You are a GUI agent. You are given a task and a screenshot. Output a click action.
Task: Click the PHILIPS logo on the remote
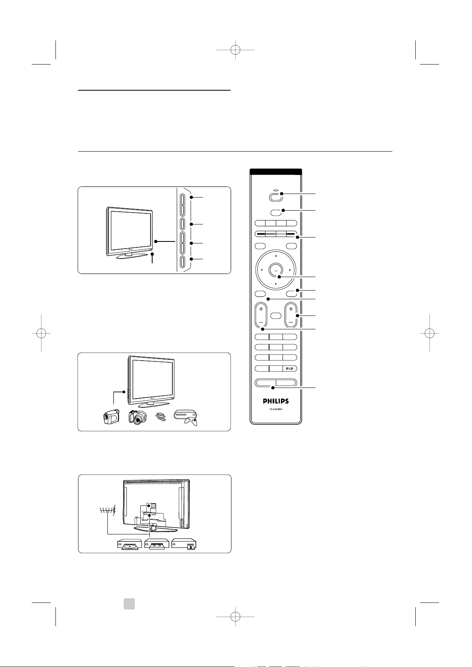tap(275, 401)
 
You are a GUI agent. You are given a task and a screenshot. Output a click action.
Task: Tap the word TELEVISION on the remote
tap(276, 409)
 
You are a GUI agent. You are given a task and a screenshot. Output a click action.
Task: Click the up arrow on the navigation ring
tap(276, 256)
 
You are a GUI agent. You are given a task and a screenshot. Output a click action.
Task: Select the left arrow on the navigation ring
tap(262, 270)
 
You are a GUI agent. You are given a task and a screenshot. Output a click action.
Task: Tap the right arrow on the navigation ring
tap(290, 270)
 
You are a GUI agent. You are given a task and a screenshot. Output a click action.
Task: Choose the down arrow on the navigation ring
tap(276, 284)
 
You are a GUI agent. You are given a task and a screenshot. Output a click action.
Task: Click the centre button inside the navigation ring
tap(276, 270)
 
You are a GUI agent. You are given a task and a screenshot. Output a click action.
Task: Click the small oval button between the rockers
tap(276, 315)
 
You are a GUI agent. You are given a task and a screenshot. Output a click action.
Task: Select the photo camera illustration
tap(138, 416)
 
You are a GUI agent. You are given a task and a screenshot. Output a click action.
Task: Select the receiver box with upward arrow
tap(184, 545)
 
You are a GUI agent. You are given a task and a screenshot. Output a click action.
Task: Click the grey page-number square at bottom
tap(129, 604)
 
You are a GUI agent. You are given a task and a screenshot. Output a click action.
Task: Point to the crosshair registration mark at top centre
tap(235, 50)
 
